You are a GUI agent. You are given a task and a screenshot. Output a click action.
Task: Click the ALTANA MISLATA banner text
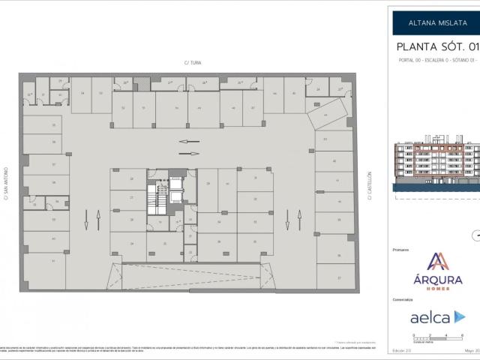click(434, 22)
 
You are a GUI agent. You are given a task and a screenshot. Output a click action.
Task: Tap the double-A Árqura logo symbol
click(437, 262)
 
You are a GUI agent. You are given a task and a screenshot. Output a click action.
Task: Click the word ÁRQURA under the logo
click(437, 280)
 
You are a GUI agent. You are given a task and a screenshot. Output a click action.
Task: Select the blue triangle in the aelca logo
click(459, 317)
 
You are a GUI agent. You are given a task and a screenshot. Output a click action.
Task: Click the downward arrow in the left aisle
click(86, 220)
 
